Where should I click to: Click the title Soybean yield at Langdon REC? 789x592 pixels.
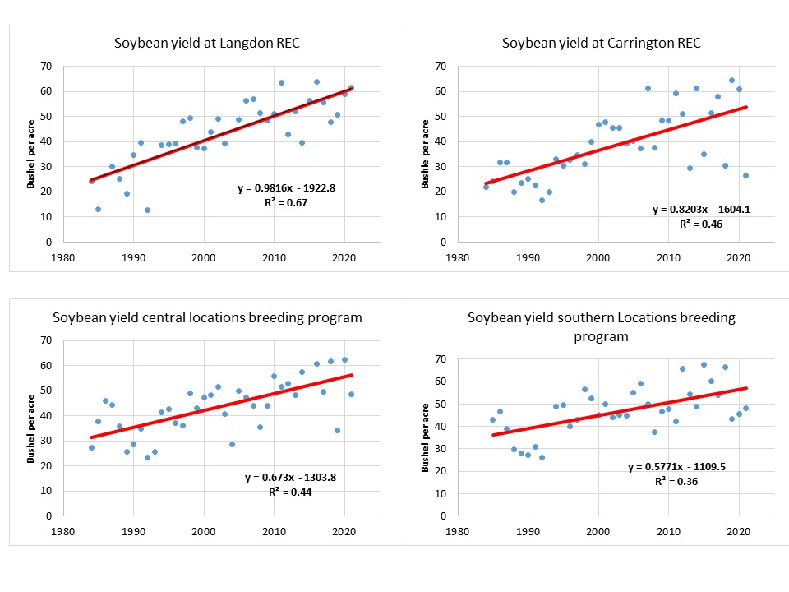click(206, 43)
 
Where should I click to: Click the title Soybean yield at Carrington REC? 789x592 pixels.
click(601, 43)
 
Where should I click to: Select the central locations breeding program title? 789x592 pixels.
click(207, 317)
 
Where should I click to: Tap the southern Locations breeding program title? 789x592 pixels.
click(601, 326)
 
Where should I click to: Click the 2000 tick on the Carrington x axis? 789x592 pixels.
click(598, 255)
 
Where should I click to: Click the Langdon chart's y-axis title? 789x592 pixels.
click(31, 155)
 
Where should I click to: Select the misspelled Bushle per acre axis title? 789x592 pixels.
click(426, 155)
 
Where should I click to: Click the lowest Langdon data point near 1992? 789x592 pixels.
click(147, 210)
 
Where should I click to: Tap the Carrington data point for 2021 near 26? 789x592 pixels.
click(745, 175)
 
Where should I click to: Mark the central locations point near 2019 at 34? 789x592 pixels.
click(337, 430)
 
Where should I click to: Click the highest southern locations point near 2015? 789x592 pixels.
click(704, 364)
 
